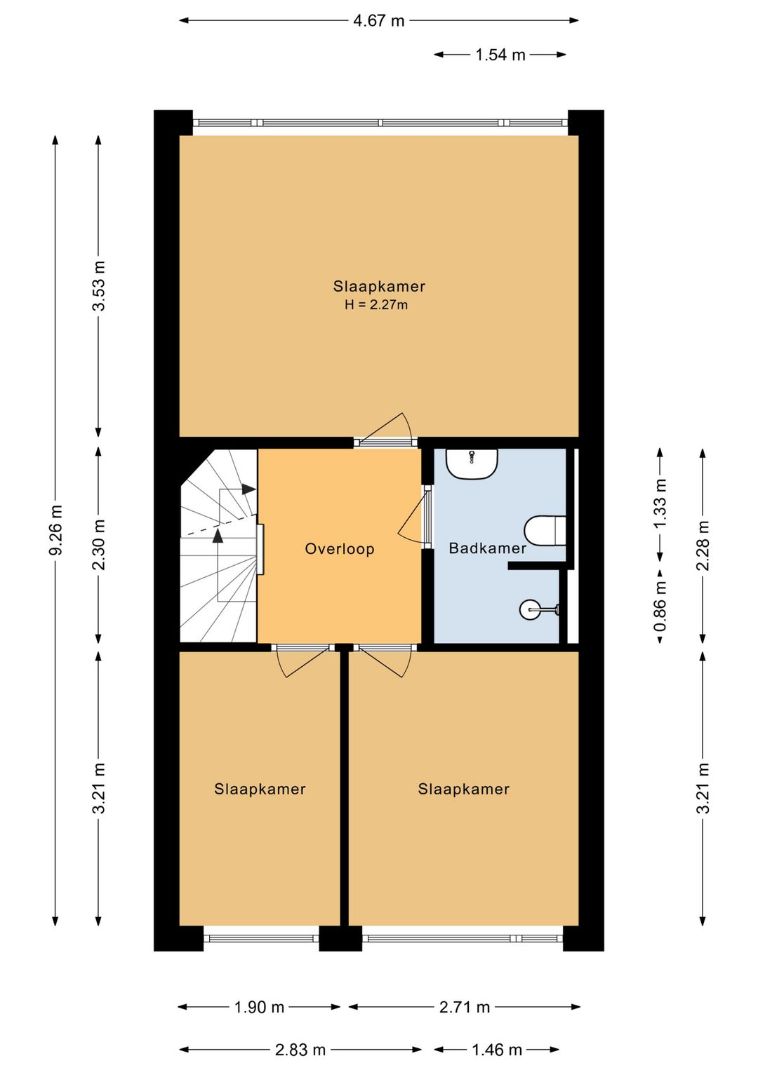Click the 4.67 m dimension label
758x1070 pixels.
tap(379, 21)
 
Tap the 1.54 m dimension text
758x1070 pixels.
tap(500, 55)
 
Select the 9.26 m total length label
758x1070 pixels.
tap(56, 530)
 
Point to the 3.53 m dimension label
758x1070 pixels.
tap(98, 285)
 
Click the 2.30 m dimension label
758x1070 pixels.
tap(98, 545)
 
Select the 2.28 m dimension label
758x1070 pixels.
tap(703, 545)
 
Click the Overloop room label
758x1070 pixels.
tap(340, 549)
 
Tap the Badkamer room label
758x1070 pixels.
tap(487, 548)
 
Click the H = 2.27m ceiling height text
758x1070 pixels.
tap(376, 305)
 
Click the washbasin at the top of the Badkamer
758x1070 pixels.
tap(472, 463)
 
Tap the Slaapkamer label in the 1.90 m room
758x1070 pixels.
tap(260, 789)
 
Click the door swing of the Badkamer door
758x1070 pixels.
tap(411, 518)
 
